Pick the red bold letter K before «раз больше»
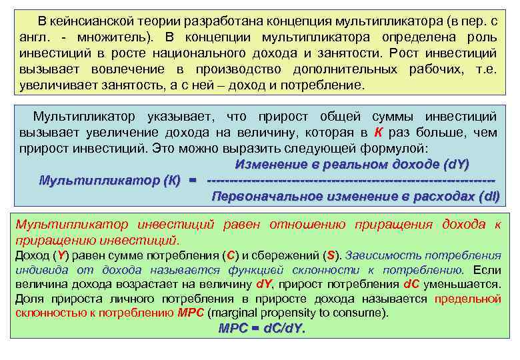(x=378, y=131)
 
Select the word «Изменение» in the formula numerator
(x=266, y=164)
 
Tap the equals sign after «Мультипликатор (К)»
(x=193, y=181)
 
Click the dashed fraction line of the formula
(x=351, y=181)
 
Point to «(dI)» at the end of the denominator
(x=489, y=197)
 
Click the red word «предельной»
(x=467, y=299)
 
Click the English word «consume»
(x=365, y=313)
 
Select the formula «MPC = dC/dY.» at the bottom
(x=262, y=329)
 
